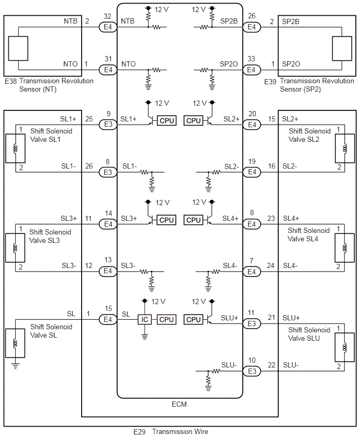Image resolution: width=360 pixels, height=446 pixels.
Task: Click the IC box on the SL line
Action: pyautogui.click(x=144, y=319)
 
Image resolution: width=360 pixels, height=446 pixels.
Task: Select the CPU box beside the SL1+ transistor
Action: pyautogui.click(x=166, y=120)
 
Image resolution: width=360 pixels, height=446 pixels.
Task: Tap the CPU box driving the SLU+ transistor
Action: pyautogui.click(x=194, y=319)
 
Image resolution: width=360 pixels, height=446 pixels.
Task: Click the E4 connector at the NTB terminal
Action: pyautogui.click(x=108, y=27)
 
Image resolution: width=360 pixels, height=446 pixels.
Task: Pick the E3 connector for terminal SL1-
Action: pyautogui.click(x=108, y=172)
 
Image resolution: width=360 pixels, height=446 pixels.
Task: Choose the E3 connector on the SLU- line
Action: pyautogui.click(x=252, y=371)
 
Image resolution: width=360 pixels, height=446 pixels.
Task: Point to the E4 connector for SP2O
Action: pyautogui.click(x=252, y=70)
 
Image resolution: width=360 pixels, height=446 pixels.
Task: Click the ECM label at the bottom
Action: pyautogui.click(x=179, y=404)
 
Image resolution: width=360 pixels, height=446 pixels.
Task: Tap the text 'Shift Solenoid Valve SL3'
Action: pyautogui.click(x=50, y=236)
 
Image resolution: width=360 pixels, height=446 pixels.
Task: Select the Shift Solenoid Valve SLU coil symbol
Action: pyautogui.click(x=345, y=347)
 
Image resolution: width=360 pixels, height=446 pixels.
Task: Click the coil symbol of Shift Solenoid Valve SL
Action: pyautogui.click(x=15, y=343)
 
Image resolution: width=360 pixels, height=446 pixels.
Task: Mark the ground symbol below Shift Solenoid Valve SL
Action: pyautogui.click(x=15, y=366)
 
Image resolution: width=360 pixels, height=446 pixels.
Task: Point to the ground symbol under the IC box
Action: pyautogui.click(x=145, y=337)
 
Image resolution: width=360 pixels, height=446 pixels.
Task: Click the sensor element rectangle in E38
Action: pyautogui.click(x=18, y=48)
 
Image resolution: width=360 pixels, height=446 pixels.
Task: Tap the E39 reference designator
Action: pyautogui.click(x=270, y=82)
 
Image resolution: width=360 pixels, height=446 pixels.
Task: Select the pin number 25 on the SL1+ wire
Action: pyautogui.click(x=89, y=119)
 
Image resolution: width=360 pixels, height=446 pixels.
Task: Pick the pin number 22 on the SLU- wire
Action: pyautogui.click(x=272, y=365)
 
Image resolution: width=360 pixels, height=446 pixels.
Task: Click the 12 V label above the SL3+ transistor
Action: pyautogui.click(x=163, y=203)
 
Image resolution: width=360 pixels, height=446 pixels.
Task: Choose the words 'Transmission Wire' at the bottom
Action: pyautogui.click(x=181, y=431)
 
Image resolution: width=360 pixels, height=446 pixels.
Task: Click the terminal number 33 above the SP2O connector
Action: pyautogui.click(x=251, y=59)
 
